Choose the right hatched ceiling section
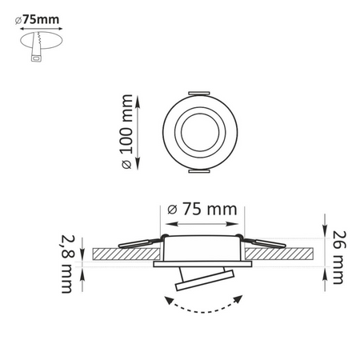pos(280,253)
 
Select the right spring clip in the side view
pos(262,241)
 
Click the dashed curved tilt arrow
pos(205,307)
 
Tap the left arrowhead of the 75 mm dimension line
pos(166,222)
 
